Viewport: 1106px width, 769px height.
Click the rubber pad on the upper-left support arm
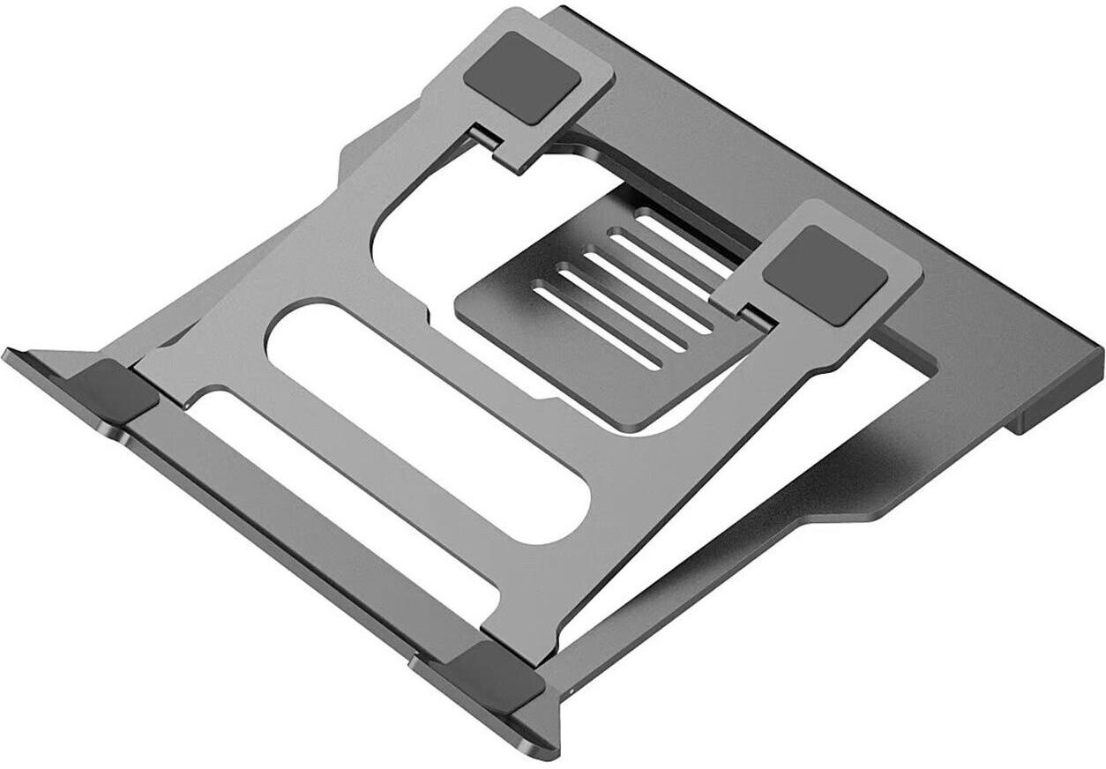(522, 77)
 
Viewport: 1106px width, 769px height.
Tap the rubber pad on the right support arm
(825, 274)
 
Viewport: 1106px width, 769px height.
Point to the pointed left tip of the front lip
(11, 355)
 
